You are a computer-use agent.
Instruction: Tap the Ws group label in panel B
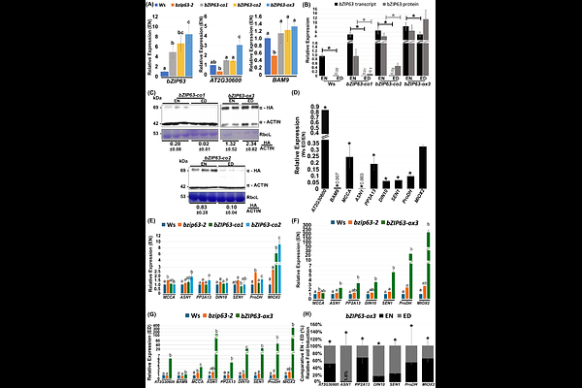point(328,83)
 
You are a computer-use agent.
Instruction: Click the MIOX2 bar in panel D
point(423,167)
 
